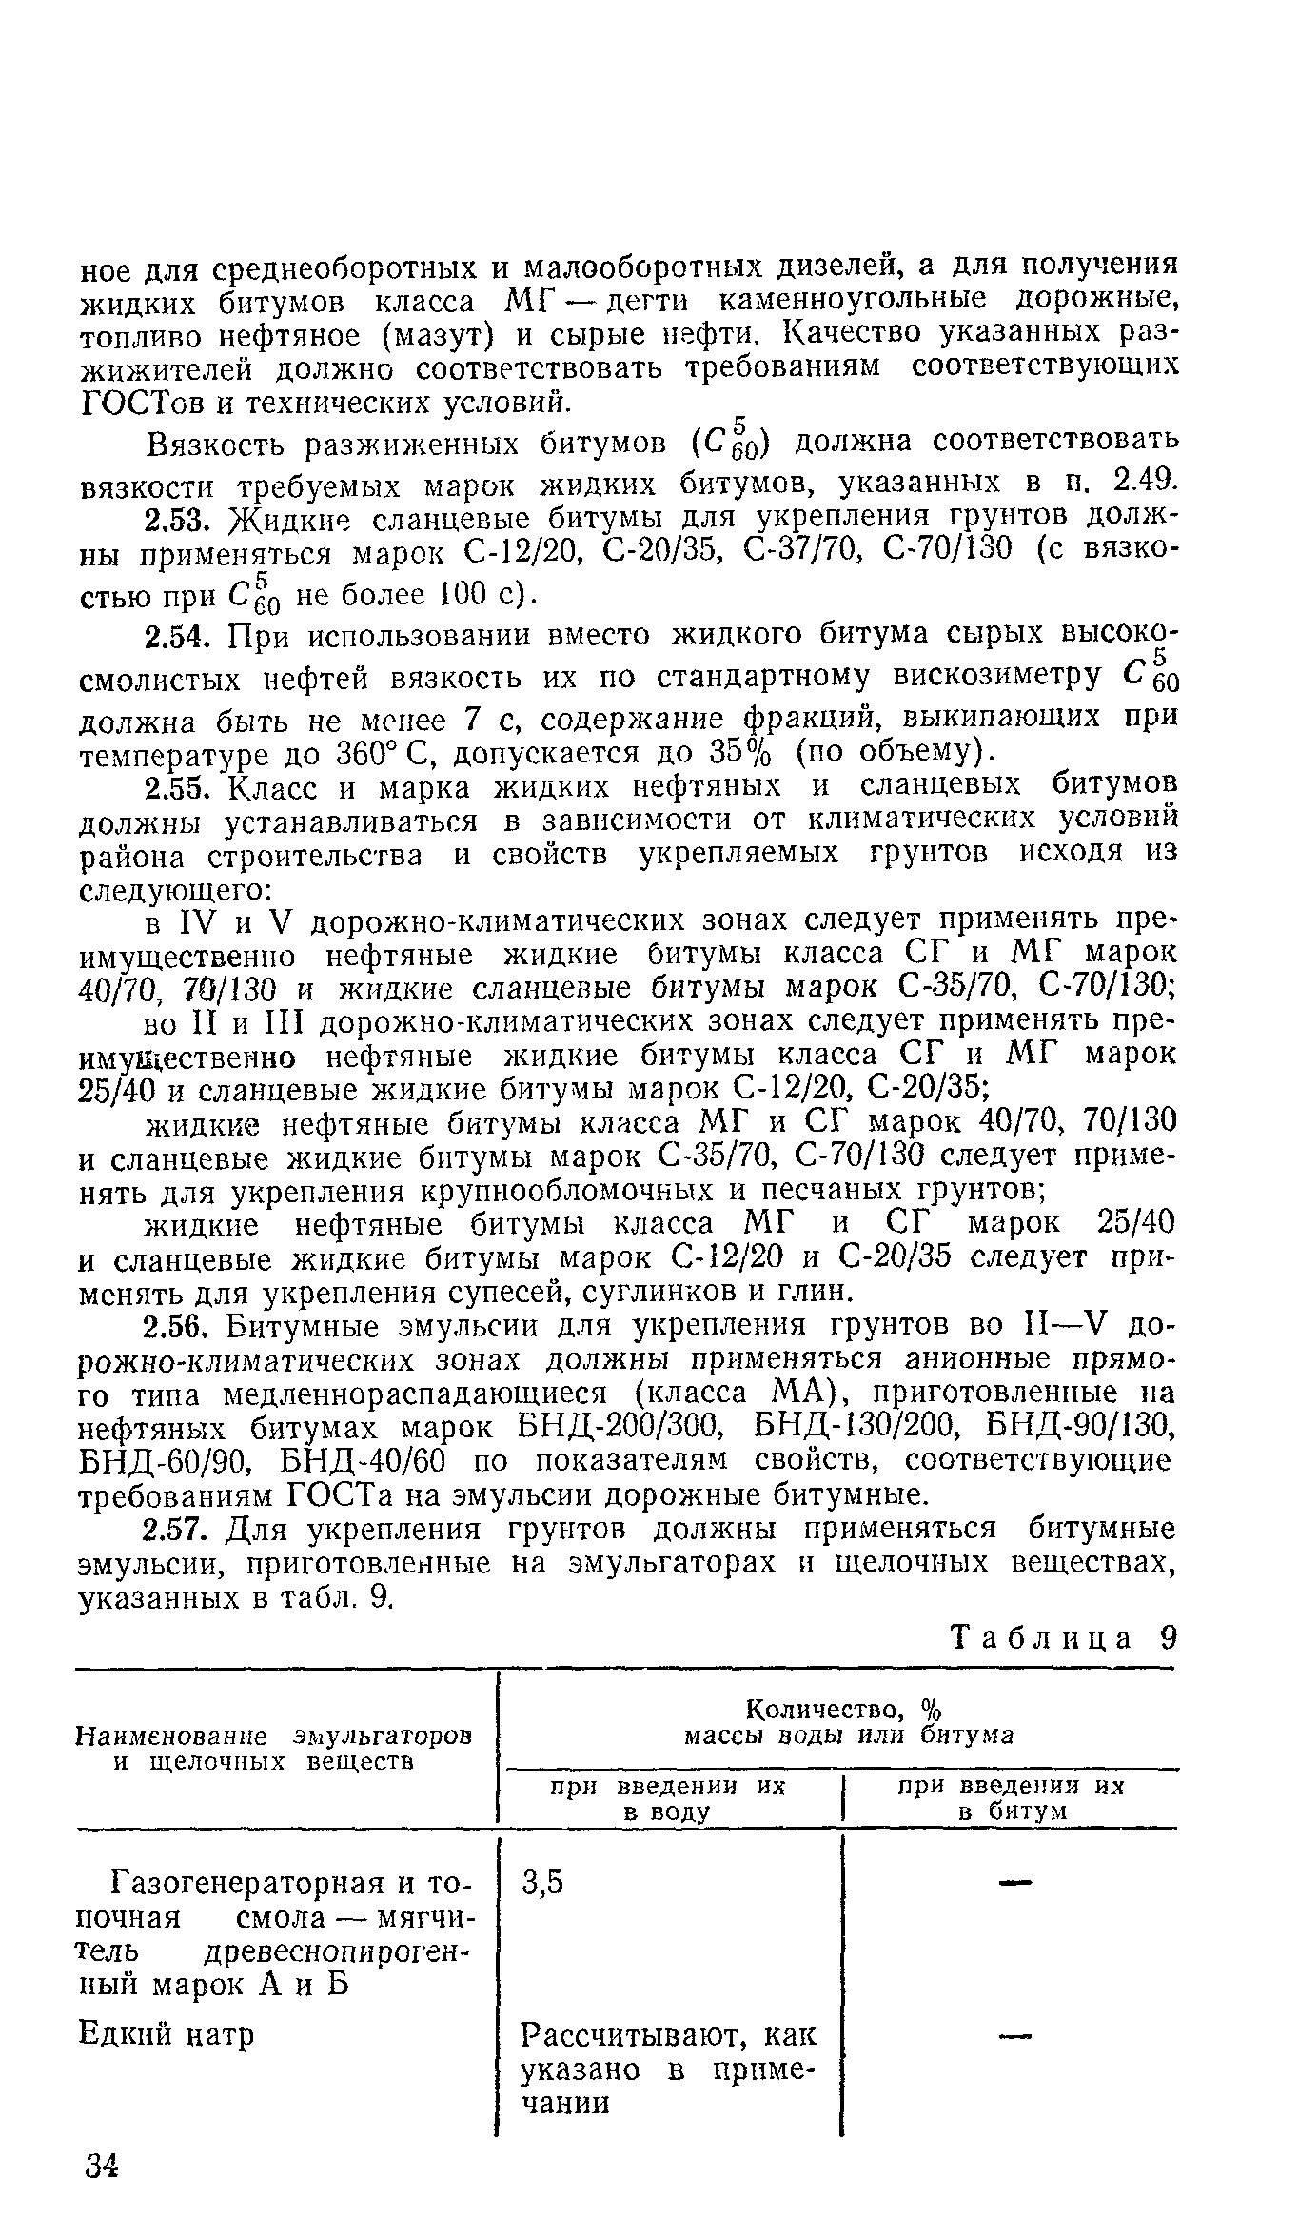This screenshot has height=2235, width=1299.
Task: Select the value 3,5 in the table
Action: point(543,1882)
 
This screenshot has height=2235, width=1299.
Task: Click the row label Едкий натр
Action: point(167,2035)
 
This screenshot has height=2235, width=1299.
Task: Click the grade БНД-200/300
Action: point(623,1429)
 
